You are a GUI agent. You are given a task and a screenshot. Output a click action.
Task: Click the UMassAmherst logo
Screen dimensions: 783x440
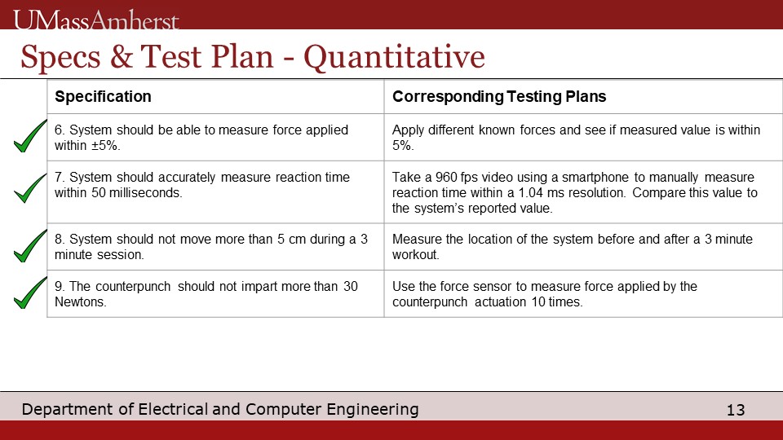coord(96,20)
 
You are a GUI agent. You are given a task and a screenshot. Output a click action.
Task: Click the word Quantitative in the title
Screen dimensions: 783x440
coord(394,57)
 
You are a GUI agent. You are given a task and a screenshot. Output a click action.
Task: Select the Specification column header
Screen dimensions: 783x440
coord(103,96)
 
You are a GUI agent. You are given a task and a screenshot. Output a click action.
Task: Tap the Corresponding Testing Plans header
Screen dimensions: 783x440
coord(499,96)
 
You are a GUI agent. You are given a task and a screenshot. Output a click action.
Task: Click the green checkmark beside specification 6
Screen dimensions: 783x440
coord(30,136)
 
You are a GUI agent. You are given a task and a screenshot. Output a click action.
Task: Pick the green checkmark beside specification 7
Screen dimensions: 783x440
coord(30,188)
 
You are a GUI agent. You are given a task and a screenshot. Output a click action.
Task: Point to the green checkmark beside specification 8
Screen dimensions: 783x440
coord(30,245)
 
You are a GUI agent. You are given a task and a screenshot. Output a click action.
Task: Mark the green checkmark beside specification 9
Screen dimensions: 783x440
coord(30,293)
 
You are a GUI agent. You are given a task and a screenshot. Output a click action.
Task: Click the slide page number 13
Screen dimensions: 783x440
coord(736,410)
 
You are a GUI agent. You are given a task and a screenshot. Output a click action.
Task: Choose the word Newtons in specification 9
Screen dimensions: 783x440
coord(80,301)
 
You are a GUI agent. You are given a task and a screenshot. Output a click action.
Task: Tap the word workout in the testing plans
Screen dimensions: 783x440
coord(415,254)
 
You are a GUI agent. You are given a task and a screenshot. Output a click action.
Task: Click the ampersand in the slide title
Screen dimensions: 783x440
coord(121,56)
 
